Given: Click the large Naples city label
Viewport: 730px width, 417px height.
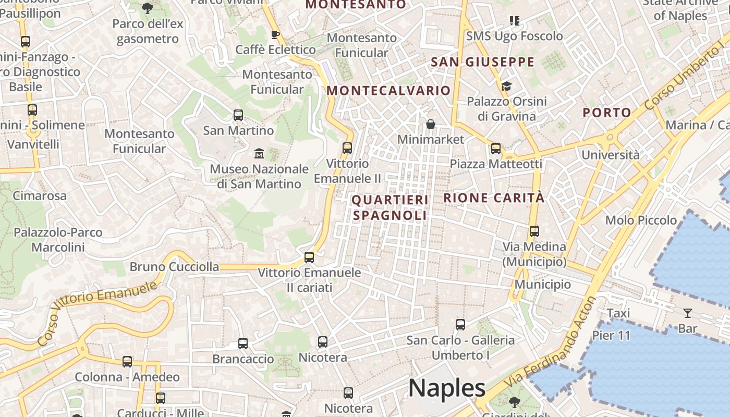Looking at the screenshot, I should (447, 388).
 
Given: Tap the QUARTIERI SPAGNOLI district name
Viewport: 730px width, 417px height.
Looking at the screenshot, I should (390, 207).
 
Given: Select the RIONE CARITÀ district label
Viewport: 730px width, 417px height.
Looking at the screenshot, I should (494, 198).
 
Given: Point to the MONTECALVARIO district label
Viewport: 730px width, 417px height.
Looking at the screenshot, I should (388, 91).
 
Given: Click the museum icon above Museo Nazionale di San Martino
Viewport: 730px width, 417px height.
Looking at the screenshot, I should (259, 153).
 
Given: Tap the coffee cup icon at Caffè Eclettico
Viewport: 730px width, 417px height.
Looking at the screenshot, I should (275, 35).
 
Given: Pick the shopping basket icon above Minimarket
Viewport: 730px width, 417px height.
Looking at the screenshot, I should (431, 124).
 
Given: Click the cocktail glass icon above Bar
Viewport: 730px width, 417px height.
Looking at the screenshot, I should (688, 313).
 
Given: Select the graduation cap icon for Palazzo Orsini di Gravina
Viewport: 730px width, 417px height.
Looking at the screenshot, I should (506, 86).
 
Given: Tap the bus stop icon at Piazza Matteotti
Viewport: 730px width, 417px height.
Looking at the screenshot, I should (496, 149).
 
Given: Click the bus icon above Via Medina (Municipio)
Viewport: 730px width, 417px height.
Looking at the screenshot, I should (534, 231).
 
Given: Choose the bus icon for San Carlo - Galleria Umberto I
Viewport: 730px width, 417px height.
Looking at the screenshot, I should (460, 325).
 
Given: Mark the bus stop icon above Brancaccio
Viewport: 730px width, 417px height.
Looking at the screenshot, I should (243, 344).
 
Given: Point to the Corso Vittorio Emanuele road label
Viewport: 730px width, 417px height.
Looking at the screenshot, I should (98, 314).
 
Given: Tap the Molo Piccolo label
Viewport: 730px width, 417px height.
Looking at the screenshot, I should (641, 220).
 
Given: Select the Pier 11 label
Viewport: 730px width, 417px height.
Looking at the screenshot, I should (611, 335).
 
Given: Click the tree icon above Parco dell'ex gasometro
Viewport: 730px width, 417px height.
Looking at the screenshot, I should (148, 8).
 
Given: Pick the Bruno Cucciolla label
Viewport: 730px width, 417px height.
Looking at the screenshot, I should (174, 267).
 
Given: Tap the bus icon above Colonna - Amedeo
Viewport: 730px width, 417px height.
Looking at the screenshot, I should (127, 362).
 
